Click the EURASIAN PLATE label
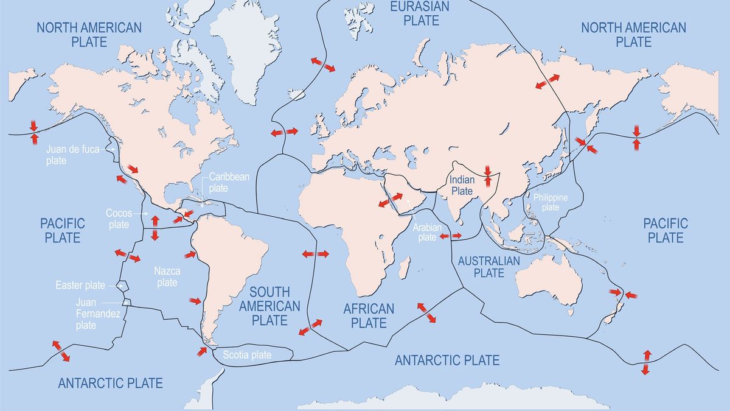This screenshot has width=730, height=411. (419, 13)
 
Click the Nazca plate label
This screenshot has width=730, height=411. (165, 276)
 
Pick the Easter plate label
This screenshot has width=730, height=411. (80, 285)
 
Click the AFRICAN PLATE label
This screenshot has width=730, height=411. (369, 315)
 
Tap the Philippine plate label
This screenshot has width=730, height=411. (550, 202)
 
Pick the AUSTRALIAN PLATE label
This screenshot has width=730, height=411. (490, 267)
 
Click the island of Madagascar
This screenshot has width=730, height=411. (402, 264)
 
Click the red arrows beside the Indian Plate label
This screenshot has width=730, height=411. (487, 175)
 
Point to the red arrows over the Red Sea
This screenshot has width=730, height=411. (391, 200)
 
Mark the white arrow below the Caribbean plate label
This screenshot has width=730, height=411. (203, 201)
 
